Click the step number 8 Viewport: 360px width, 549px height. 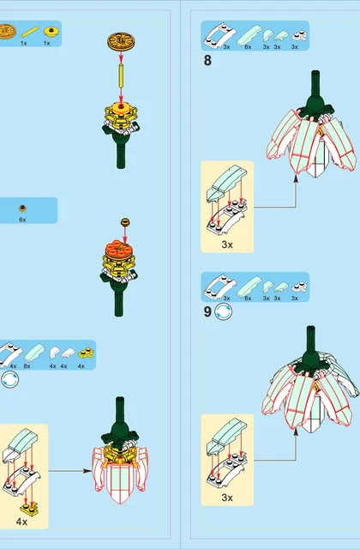click(x=207, y=60)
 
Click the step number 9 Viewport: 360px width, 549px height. click(x=207, y=311)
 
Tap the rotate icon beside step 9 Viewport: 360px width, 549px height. click(x=223, y=311)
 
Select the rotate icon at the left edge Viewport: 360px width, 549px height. click(x=9, y=380)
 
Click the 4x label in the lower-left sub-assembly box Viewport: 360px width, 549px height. click(x=21, y=522)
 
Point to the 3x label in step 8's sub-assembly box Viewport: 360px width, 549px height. click(x=227, y=244)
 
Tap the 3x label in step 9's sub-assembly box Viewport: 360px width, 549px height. click(x=227, y=498)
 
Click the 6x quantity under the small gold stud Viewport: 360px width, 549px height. click(x=22, y=220)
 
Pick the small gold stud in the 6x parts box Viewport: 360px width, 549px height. click(x=23, y=208)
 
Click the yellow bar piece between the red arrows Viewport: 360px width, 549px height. click(x=121, y=76)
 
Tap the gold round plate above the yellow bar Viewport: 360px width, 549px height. click(x=121, y=41)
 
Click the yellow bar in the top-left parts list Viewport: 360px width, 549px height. click(x=30, y=32)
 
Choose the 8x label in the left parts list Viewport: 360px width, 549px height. click(x=27, y=366)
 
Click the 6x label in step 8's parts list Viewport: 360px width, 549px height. click(x=248, y=47)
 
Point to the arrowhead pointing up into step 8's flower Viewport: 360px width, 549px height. click(x=296, y=178)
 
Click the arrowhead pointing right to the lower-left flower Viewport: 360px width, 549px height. click(x=87, y=471)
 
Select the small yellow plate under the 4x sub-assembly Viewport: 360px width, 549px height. click(x=28, y=510)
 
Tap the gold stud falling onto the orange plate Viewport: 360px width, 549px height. click(x=125, y=221)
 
